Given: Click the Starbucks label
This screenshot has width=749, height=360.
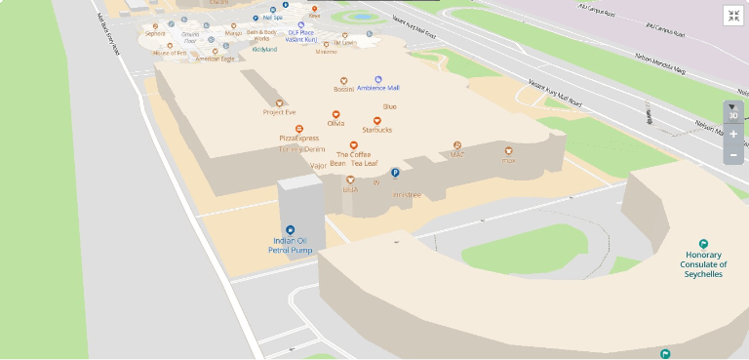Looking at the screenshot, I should [376, 129].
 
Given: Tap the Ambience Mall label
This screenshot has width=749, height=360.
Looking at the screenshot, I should [378, 88].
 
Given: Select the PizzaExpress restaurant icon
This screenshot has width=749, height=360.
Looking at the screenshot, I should [298, 129].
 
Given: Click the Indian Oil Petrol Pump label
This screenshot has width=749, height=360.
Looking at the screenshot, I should [289, 246].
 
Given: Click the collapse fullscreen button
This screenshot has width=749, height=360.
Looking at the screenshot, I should [733, 15].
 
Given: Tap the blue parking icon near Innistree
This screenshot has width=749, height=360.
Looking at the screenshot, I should [396, 173].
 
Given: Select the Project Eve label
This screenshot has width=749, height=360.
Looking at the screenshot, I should [279, 112].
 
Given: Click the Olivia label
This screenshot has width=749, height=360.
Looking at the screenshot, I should [335, 123].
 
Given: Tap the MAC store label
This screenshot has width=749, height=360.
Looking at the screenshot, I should [456, 154].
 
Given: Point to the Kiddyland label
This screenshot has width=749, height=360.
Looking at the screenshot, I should [264, 49].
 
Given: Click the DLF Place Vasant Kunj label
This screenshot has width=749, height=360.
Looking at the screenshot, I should [301, 36].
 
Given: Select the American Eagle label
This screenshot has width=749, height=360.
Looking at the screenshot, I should [215, 59].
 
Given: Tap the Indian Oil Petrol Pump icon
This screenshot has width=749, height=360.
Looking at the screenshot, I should [289, 228].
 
